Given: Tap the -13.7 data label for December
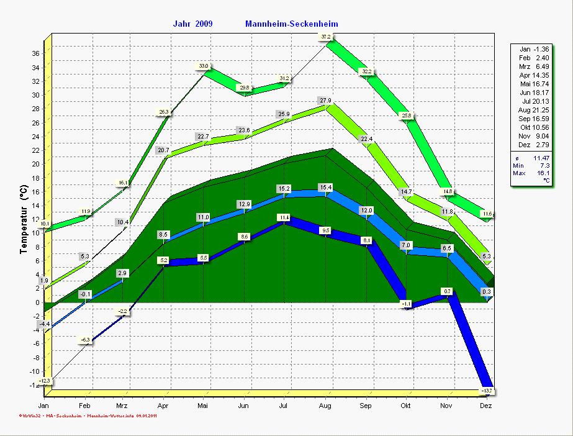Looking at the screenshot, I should (x=487, y=390).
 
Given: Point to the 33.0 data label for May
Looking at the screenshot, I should (x=204, y=66).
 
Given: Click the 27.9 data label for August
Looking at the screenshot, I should (x=325, y=101).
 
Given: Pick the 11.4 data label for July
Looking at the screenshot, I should (x=284, y=217).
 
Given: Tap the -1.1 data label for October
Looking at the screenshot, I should (x=407, y=304).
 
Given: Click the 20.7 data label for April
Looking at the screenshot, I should (x=163, y=150).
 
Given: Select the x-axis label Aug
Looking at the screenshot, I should (x=325, y=406).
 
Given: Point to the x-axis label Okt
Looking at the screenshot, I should (x=406, y=406).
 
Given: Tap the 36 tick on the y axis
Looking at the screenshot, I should (x=35, y=54).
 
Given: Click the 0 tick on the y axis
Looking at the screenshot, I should (x=37, y=303).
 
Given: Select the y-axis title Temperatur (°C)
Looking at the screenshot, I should (x=24, y=220).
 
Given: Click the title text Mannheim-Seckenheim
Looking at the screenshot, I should (x=291, y=24).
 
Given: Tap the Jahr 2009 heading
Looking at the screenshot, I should (x=192, y=24).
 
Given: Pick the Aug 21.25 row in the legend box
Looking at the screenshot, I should (x=533, y=110).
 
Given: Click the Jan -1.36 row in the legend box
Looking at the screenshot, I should (x=533, y=49).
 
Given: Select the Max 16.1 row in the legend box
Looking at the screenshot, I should (x=533, y=173).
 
